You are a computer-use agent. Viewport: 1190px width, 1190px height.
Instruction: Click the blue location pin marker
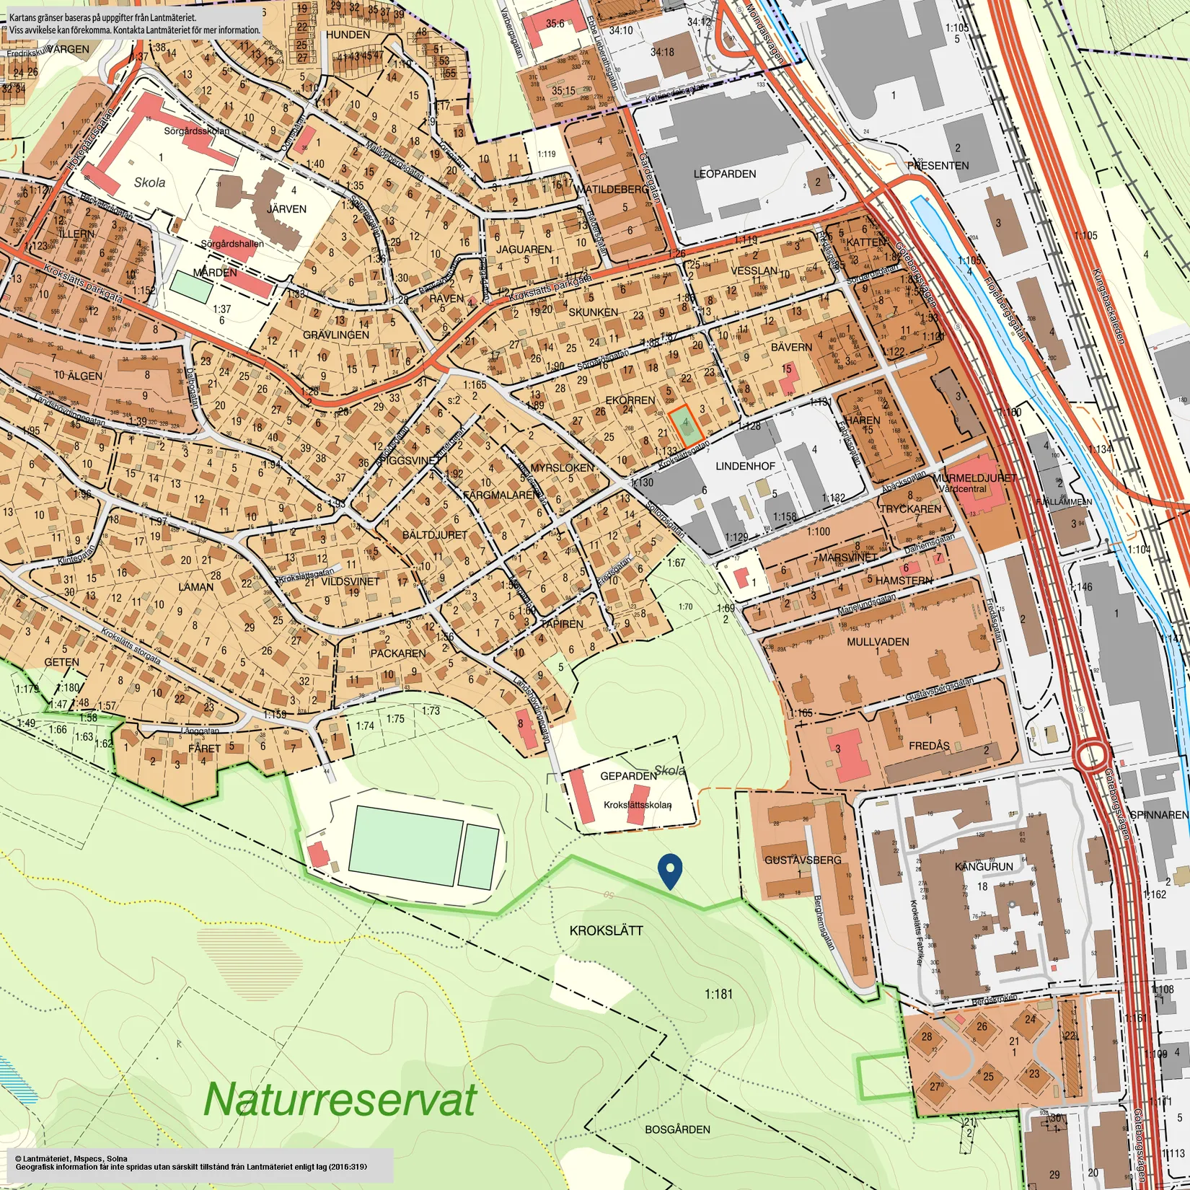671,870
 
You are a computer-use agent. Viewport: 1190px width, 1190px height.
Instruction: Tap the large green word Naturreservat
340,1100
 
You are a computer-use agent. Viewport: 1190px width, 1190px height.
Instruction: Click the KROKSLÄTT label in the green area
606,930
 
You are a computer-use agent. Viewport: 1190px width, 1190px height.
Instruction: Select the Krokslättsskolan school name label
638,805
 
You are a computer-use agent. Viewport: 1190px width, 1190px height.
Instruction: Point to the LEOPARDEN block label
725,174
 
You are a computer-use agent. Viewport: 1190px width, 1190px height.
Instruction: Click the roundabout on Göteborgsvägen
1092,757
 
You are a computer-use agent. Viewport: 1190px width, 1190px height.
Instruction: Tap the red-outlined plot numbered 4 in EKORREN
685,426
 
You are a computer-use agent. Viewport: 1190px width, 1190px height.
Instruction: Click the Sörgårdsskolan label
196,131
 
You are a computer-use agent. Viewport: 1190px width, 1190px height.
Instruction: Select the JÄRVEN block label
287,209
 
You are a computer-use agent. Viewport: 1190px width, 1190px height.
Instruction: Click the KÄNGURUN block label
984,866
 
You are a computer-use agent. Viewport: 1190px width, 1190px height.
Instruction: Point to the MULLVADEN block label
878,641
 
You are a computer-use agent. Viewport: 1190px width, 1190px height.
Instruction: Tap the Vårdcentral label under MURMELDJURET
962,488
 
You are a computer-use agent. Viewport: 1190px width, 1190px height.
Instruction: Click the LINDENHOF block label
745,466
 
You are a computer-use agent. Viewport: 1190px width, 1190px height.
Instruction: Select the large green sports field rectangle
405,845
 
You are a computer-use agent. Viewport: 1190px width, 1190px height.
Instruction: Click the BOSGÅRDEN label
677,1129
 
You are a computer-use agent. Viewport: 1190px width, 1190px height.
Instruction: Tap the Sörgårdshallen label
232,244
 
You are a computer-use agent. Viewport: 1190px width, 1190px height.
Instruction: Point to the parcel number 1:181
718,994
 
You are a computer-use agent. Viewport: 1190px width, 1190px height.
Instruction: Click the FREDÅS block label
929,745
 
